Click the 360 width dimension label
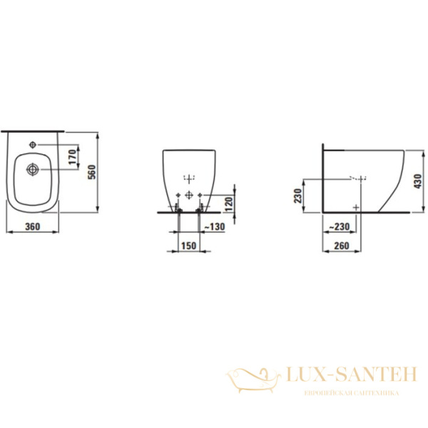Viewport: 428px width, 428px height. (33, 227)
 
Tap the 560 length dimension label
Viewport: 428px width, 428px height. (93, 172)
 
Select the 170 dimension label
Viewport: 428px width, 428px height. (73, 157)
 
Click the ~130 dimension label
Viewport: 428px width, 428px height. (215, 227)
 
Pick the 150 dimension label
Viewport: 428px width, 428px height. (189, 246)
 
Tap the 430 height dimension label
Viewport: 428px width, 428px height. (418, 181)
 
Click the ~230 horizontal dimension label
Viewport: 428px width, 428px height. (339, 227)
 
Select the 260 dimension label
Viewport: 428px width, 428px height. (342, 246)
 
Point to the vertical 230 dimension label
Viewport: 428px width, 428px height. (298, 195)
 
